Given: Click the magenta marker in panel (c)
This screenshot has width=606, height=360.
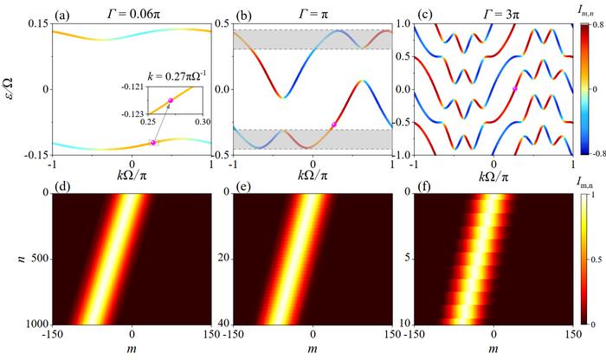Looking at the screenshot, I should point(515,89).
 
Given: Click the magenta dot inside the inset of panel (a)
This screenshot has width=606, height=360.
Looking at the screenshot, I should point(171,100).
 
